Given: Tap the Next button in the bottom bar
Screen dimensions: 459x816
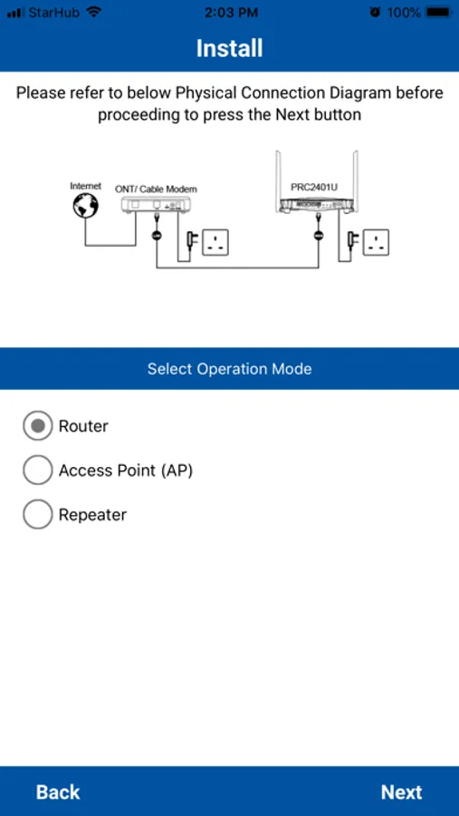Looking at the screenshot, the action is tap(401, 792).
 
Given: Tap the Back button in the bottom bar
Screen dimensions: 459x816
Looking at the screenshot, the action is tap(58, 792).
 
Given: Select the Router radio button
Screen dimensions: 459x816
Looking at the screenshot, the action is tap(37, 426).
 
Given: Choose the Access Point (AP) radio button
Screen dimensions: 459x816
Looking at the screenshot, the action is tap(37, 471).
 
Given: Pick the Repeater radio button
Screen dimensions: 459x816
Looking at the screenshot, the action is tap(37, 515).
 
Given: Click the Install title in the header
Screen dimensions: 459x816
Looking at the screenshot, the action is tap(229, 48).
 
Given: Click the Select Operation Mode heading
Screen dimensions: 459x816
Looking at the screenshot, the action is tap(229, 369).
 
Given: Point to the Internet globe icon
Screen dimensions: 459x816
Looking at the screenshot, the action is tap(86, 205).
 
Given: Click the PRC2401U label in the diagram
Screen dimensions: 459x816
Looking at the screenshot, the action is tap(314, 188).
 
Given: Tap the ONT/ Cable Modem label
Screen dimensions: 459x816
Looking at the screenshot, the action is tap(156, 189).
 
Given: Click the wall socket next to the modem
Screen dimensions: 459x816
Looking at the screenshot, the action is tap(215, 242).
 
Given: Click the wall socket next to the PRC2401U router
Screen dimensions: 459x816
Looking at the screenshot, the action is tap(376, 242).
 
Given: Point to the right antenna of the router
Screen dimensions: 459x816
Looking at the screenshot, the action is tap(355, 180).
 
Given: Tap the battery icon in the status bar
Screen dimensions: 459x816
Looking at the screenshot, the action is tap(439, 13).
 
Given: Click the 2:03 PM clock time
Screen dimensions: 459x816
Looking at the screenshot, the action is tap(231, 13).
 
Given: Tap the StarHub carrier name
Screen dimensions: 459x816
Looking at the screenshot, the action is tap(54, 13).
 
